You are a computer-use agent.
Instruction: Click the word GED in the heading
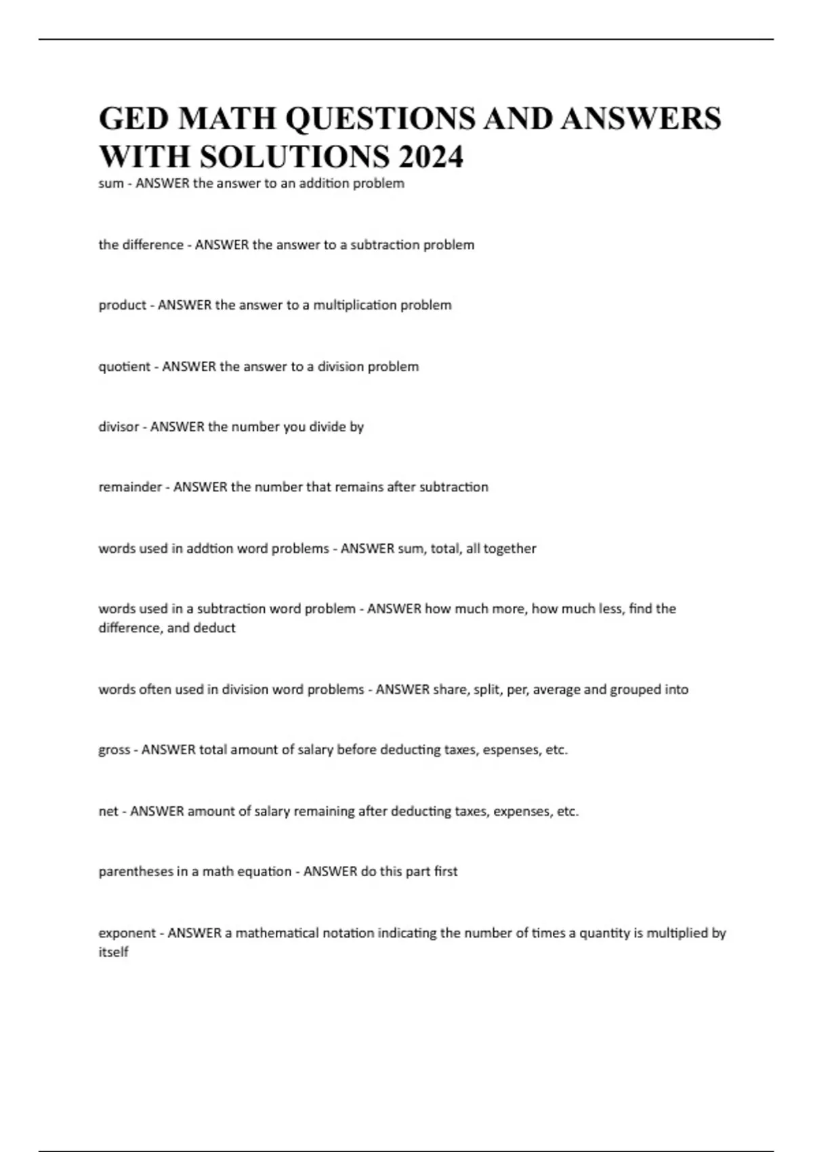point(133,119)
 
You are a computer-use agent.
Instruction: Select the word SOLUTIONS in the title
point(295,157)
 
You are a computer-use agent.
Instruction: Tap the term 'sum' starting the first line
point(110,184)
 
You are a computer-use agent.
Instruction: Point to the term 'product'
point(122,306)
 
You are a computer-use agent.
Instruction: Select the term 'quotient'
point(124,367)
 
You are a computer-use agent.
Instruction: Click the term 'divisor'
point(119,427)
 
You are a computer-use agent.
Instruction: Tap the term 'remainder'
point(130,487)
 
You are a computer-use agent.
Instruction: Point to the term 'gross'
point(114,750)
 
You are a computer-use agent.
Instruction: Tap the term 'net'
point(108,811)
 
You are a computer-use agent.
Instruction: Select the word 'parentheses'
point(136,871)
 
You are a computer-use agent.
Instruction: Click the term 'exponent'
point(127,933)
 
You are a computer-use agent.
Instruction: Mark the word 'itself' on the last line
point(113,952)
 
